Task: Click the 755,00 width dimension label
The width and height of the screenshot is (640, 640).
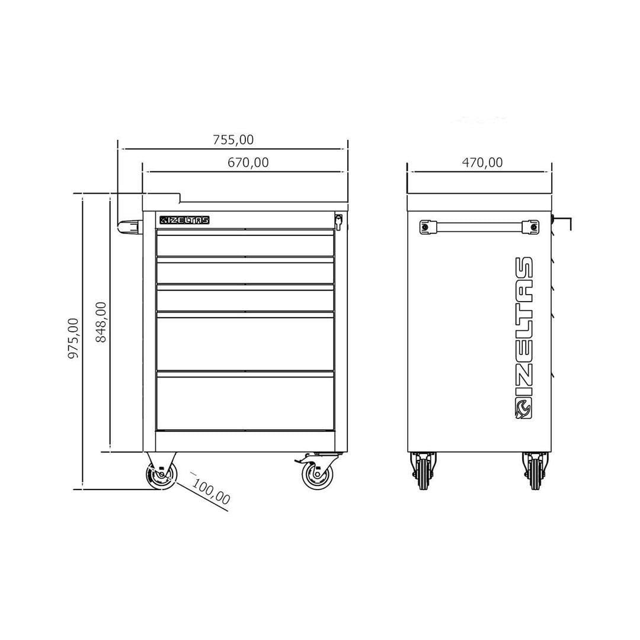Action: tap(233, 140)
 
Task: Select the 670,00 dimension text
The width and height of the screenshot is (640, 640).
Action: tap(248, 163)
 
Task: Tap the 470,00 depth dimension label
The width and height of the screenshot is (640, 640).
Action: tap(482, 162)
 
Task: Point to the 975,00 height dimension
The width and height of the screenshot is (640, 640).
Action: tap(73, 338)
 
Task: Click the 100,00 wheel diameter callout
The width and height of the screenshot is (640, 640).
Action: tap(211, 492)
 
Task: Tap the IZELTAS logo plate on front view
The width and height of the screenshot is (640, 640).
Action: tap(184, 220)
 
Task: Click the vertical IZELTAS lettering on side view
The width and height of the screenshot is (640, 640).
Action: tap(524, 327)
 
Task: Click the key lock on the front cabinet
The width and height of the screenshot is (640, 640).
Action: tap(338, 222)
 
